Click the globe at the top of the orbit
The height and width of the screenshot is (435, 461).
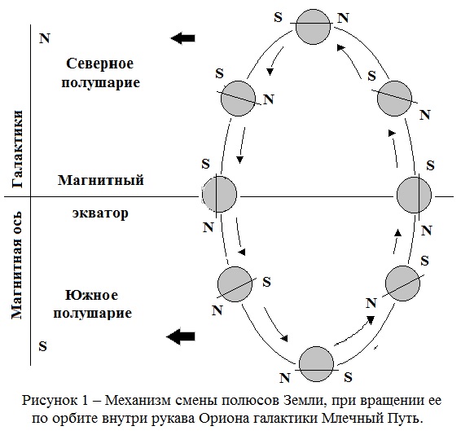[x=313, y=27]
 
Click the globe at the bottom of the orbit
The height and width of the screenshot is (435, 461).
[x=316, y=364]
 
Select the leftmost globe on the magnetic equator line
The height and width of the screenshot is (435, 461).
[x=219, y=195]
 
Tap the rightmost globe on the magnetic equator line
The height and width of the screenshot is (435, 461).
[x=414, y=195]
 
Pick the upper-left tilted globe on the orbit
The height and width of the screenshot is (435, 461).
[x=238, y=99]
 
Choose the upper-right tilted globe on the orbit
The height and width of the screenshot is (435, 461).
[x=394, y=99]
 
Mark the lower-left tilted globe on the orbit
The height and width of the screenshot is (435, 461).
[x=235, y=284]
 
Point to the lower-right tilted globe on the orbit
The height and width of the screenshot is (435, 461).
[x=403, y=283]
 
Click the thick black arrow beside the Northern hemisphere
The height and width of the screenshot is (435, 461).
[x=183, y=38]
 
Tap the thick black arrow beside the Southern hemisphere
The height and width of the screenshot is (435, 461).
[x=181, y=336]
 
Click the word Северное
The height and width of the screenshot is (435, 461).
[x=100, y=64]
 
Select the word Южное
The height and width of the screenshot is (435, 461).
[x=91, y=295]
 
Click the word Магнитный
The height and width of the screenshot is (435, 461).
[x=101, y=180]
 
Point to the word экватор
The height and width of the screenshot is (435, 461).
[x=100, y=213]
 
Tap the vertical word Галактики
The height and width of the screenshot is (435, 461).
[x=17, y=149]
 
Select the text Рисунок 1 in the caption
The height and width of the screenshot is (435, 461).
[x=55, y=400]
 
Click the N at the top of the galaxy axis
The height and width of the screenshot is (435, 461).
[x=45, y=38]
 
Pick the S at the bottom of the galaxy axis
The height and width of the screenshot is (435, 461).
[x=43, y=346]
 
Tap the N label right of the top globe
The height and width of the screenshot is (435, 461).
[x=343, y=18]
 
